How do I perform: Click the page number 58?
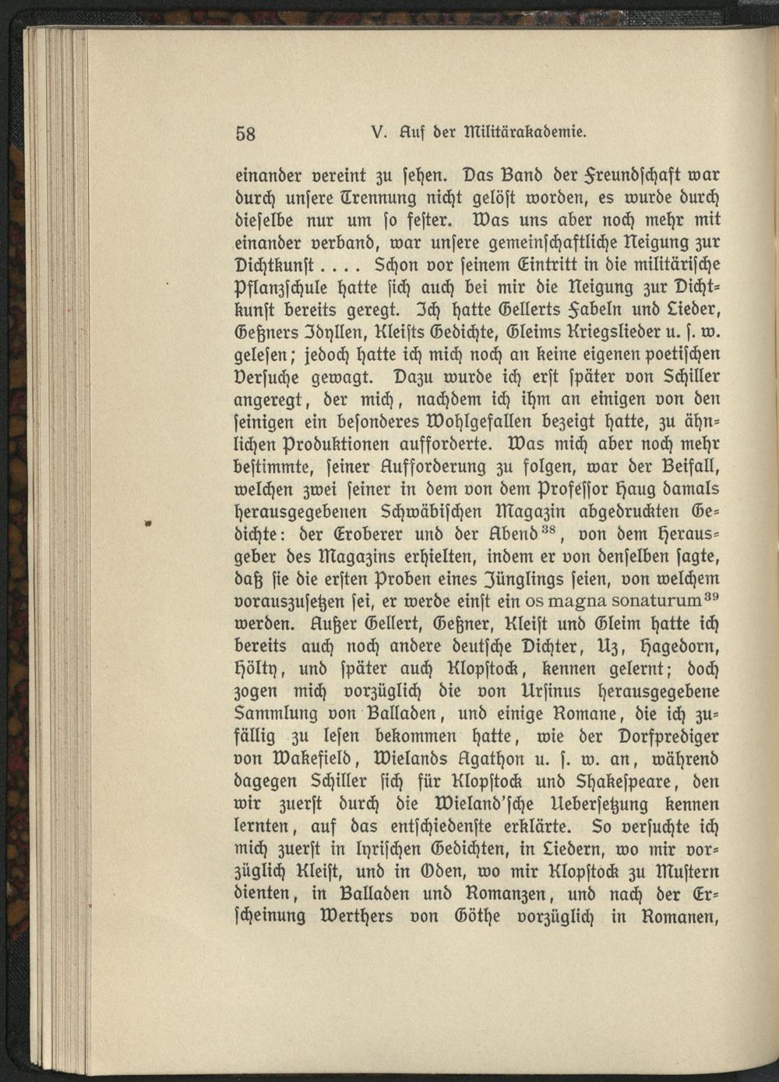point(245,133)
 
